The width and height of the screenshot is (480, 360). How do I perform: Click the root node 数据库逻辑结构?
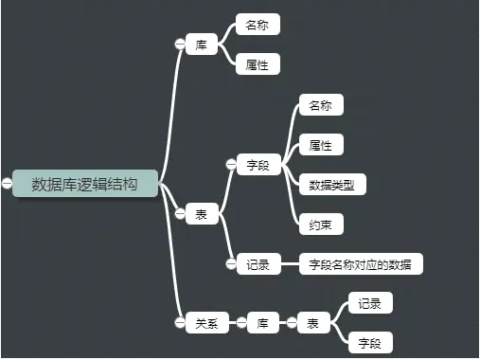(x=84, y=183)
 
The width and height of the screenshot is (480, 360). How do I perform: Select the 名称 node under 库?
(x=257, y=26)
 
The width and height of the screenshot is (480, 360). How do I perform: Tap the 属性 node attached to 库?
(x=257, y=64)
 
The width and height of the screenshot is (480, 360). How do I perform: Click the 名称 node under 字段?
(x=320, y=105)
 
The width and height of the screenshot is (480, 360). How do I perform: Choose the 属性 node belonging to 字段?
(x=320, y=145)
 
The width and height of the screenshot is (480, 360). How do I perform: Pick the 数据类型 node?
(x=331, y=185)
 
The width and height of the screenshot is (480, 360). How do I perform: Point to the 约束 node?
(x=320, y=225)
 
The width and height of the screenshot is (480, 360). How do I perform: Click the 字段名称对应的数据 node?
(x=360, y=264)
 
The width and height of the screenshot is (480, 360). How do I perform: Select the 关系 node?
(x=206, y=323)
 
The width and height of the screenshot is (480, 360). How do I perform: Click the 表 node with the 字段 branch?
(x=201, y=215)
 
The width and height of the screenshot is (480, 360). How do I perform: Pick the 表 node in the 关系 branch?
(x=313, y=323)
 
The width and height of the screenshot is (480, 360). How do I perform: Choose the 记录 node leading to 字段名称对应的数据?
(x=258, y=264)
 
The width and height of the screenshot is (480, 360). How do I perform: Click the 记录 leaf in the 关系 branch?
(x=370, y=303)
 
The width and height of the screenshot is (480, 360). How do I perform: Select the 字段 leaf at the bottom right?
(x=370, y=342)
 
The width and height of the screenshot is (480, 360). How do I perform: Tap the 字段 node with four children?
(x=258, y=165)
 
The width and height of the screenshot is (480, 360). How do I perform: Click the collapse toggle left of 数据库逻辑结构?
(x=7, y=183)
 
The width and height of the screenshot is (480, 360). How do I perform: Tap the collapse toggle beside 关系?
(x=179, y=323)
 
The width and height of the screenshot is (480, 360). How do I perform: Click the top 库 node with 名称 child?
(x=201, y=45)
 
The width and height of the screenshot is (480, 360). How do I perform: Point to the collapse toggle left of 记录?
(x=230, y=264)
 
